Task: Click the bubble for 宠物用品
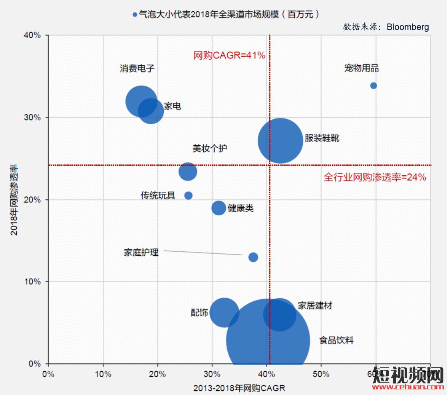tap(373, 86)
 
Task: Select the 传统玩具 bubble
tap(188, 195)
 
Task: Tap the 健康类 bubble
tap(219, 208)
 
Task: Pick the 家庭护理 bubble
tap(253, 257)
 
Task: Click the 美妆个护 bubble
tap(188, 171)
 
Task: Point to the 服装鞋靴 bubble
tap(280, 141)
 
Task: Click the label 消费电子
tap(137, 68)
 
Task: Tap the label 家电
tap(173, 106)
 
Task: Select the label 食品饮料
tap(336, 341)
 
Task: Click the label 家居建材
tap(315, 306)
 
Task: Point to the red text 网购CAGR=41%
tap(229, 56)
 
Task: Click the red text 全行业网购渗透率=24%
tap(375, 177)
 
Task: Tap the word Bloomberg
tap(408, 27)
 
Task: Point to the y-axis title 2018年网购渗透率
tap(14, 199)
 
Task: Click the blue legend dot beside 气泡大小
tap(135, 15)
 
